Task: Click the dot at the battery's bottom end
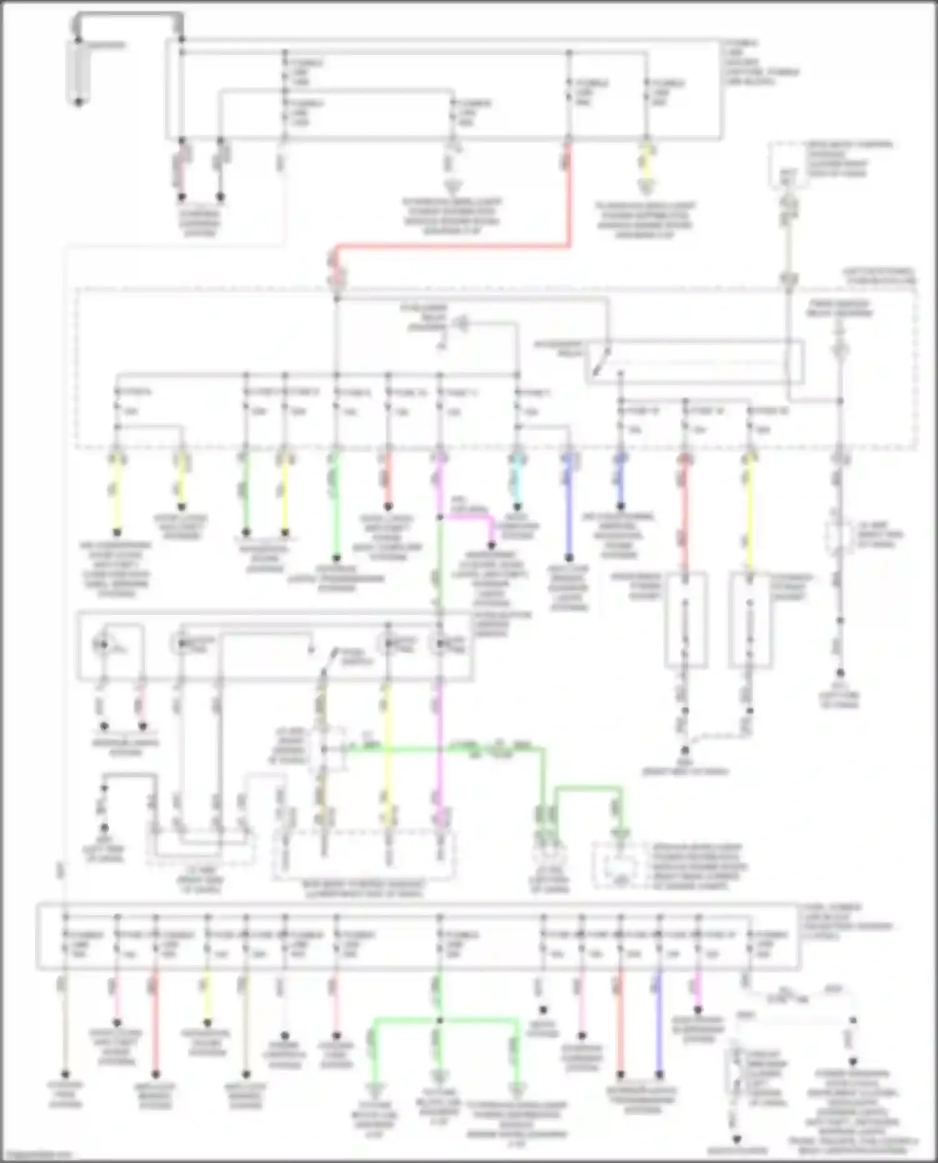point(78,102)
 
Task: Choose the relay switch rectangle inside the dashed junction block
point(694,361)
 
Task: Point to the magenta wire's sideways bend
point(466,517)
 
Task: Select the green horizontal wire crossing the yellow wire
point(438,747)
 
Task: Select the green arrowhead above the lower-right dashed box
point(621,833)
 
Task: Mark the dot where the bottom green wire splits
point(440,1021)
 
